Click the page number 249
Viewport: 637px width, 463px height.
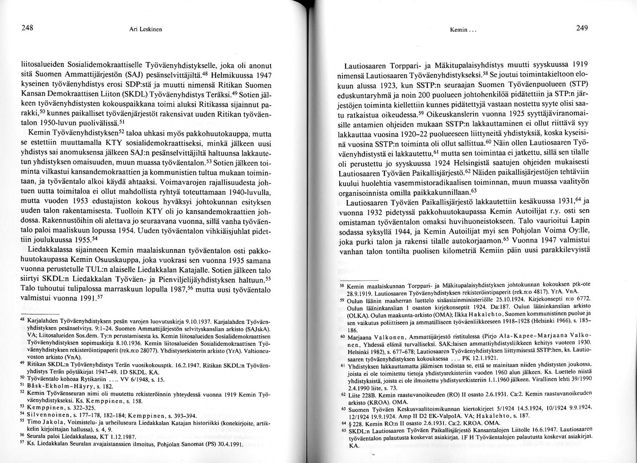582,29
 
